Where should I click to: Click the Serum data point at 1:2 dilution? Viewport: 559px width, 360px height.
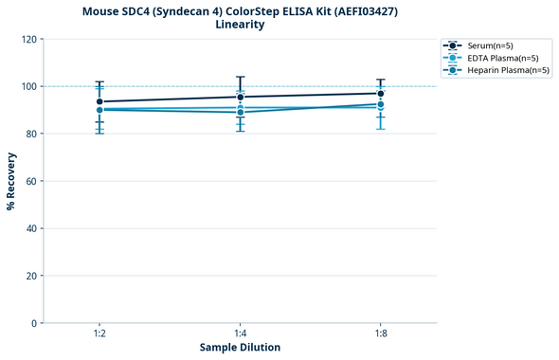pyautogui.click(x=99, y=101)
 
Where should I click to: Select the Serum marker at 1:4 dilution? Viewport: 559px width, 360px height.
pyautogui.click(x=241, y=97)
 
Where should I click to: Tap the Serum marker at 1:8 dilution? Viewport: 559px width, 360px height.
pyautogui.click(x=381, y=93)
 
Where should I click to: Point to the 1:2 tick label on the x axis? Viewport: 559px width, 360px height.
pyautogui.click(x=99, y=333)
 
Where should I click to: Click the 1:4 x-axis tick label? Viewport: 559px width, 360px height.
pyautogui.click(x=241, y=333)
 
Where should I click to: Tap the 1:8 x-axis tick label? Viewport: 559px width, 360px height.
pyautogui.click(x=381, y=333)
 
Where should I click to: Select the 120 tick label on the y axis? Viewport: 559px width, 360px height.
pyautogui.click(x=29, y=39)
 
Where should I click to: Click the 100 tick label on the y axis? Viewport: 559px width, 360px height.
pyautogui.click(x=29, y=86)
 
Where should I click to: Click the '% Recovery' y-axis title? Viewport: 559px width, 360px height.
pyautogui.click(x=11, y=181)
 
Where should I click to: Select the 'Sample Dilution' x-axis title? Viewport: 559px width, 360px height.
pyautogui.click(x=240, y=348)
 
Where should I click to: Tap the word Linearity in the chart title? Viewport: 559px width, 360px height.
pyautogui.click(x=240, y=25)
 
